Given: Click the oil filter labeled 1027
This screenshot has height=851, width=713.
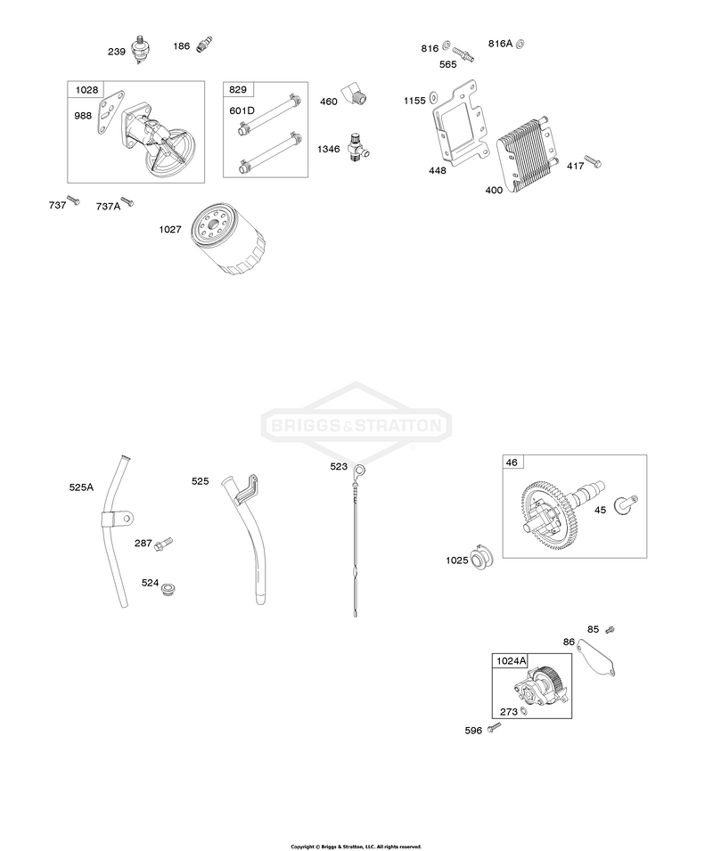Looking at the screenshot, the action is click(228, 240).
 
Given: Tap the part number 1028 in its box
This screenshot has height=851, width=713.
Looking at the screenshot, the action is click(86, 89).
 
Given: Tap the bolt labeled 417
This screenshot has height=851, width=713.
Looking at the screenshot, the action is click(593, 161).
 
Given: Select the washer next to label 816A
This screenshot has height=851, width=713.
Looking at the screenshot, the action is click(520, 44).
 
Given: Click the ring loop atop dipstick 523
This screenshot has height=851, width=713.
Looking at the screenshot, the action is click(358, 469).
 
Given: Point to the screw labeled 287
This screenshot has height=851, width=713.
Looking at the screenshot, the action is click(163, 544).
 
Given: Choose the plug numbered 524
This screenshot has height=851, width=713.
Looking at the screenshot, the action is click(170, 589).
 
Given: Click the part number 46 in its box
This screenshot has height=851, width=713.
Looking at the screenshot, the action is click(512, 462).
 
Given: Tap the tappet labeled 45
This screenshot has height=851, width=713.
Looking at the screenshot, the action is click(626, 504).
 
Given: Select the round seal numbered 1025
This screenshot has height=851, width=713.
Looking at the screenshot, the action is click(480, 556).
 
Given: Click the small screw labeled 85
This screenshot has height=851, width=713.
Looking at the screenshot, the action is click(610, 630).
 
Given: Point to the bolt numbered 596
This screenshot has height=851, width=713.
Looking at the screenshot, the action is click(495, 727).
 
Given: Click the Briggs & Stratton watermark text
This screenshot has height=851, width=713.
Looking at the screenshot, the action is click(356, 425).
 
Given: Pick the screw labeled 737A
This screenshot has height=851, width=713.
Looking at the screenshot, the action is click(127, 202).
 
